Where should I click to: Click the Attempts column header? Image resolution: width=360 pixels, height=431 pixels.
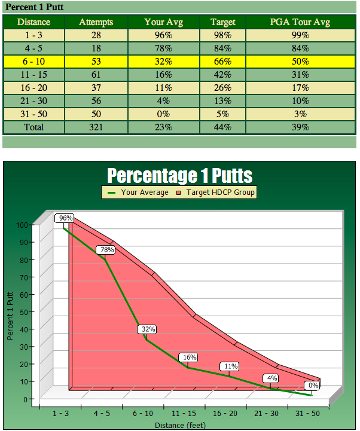96,22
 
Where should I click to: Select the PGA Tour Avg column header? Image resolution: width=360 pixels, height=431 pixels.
300,22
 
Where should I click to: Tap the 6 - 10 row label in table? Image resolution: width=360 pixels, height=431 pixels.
33,62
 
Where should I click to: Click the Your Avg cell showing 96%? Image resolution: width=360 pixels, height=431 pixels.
163,35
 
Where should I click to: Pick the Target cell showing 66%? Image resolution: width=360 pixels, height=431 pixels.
222,62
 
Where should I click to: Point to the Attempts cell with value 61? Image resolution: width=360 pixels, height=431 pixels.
96,75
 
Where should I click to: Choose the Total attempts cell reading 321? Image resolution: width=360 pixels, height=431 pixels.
96,127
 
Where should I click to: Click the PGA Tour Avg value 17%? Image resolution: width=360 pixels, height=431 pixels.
300,88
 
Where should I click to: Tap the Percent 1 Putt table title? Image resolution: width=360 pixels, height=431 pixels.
34,8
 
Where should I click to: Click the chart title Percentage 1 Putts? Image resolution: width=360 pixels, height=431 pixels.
179,176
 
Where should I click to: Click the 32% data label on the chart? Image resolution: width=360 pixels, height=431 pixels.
148,329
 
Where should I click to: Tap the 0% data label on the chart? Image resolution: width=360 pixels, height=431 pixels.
313,386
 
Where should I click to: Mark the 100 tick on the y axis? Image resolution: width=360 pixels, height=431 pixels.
22,225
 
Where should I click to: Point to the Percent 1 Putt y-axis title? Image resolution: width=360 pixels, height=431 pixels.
10,316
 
